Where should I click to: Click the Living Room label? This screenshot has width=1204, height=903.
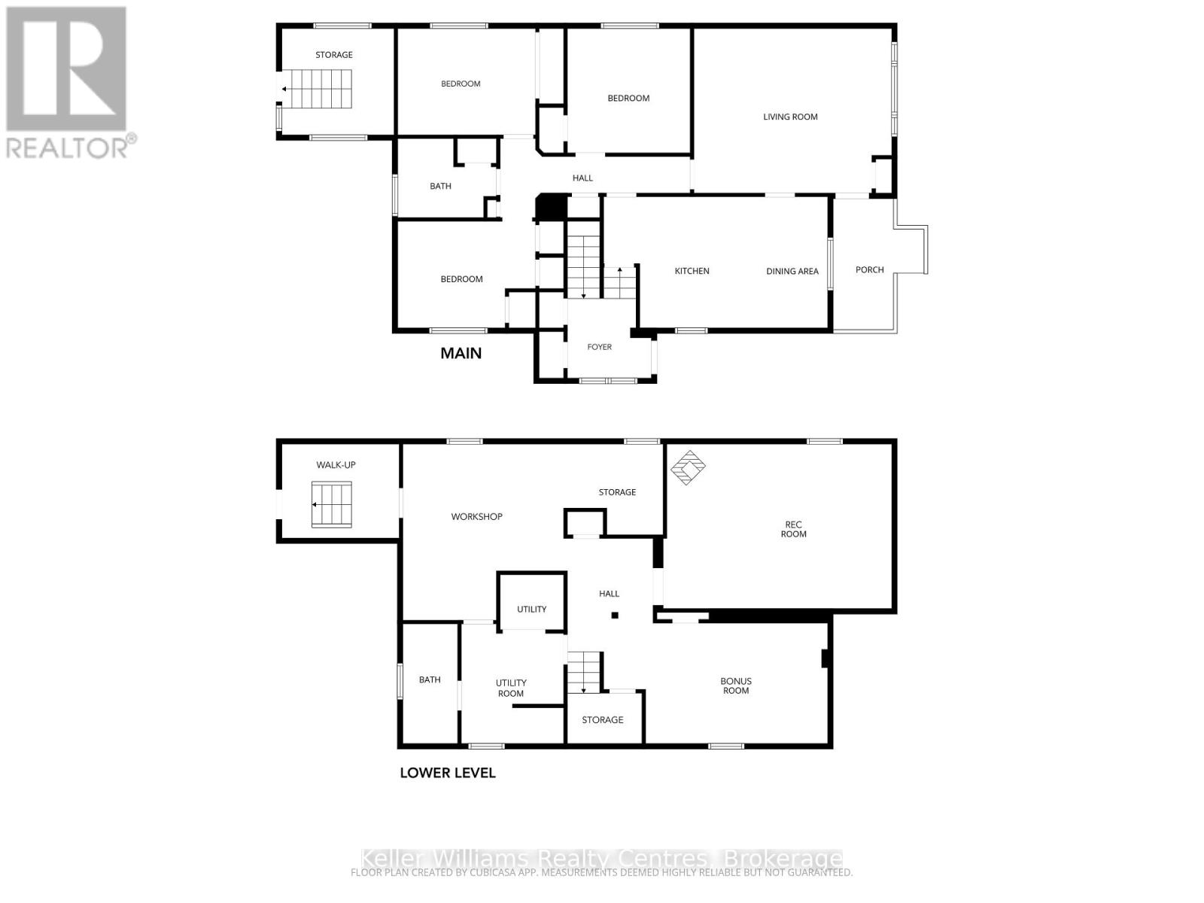(790, 117)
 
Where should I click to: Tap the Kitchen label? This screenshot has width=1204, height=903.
(692, 271)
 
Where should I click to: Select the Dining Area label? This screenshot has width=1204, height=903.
(792, 271)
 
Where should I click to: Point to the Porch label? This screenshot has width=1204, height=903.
(869, 269)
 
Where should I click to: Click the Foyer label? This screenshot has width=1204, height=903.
(599, 347)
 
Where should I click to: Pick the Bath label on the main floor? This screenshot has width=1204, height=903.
(440, 186)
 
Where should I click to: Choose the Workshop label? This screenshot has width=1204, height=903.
(476, 516)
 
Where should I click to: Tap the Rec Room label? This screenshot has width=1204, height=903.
(793, 529)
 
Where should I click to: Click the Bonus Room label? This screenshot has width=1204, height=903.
(735, 686)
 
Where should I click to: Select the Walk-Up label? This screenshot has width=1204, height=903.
(336, 465)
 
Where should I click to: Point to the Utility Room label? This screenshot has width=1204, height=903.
(511, 688)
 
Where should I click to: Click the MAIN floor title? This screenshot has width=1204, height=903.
(461, 353)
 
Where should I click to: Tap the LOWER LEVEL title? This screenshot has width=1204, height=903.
(447, 773)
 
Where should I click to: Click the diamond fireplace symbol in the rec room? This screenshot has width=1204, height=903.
(688, 467)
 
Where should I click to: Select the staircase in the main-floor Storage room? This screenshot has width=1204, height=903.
(316, 89)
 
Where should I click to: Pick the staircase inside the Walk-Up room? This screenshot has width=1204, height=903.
(332, 505)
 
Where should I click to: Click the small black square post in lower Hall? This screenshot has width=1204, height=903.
(615, 616)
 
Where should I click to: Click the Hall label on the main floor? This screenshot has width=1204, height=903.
(582, 178)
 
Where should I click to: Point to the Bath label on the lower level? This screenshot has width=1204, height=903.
(430, 680)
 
